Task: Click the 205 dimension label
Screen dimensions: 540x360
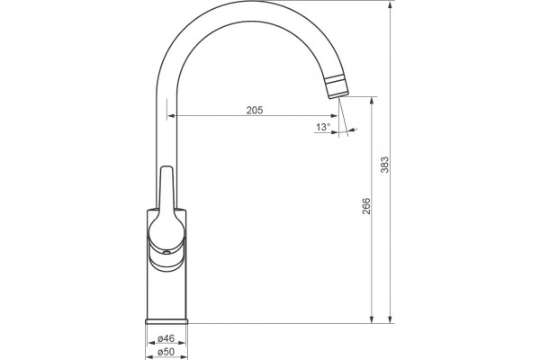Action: tap(255, 110)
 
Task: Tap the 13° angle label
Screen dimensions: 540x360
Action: tap(323, 127)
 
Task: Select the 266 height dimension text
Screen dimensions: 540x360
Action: tap(366, 206)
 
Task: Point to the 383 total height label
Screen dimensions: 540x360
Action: tap(384, 165)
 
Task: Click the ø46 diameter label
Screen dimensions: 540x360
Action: tap(166, 338)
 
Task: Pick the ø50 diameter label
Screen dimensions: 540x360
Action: tap(166, 352)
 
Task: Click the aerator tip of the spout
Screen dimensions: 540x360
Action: tap(337, 86)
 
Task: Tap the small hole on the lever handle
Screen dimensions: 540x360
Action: tap(166, 253)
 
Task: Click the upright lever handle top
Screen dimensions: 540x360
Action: tap(167, 169)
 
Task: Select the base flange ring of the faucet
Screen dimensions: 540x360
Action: tap(166, 321)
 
